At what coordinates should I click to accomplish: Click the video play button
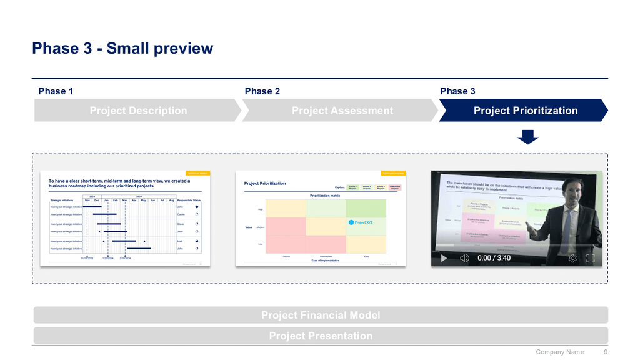pyautogui.click(x=444, y=258)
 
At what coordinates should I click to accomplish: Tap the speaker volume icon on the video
pyautogui.click(x=464, y=258)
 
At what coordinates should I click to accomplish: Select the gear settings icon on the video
pyautogui.click(x=572, y=258)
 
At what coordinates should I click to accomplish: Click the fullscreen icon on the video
pyautogui.click(x=590, y=258)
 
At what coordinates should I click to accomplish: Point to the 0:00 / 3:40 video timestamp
pyautogui.click(x=494, y=258)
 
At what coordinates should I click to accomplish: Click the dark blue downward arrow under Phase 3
pyautogui.click(x=528, y=137)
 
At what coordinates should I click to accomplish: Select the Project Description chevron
pyautogui.click(x=138, y=111)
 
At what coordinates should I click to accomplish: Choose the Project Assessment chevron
pyautogui.click(x=342, y=111)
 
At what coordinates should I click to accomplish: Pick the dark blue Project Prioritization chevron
pyautogui.click(x=525, y=111)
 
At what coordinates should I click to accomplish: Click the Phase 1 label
pyautogui.click(x=56, y=91)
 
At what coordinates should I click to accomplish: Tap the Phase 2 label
pyautogui.click(x=262, y=91)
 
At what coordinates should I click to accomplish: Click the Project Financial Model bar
pyautogui.click(x=320, y=316)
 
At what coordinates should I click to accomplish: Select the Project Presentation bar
pyautogui.click(x=320, y=336)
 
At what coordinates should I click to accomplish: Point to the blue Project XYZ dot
pyautogui.click(x=351, y=222)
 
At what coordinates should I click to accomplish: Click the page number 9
pyautogui.click(x=606, y=352)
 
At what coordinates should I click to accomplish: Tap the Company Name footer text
pyautogui.click(x=560, y=352)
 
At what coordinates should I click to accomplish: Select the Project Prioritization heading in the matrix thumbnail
pyautogui.click(x=265, y=183)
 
